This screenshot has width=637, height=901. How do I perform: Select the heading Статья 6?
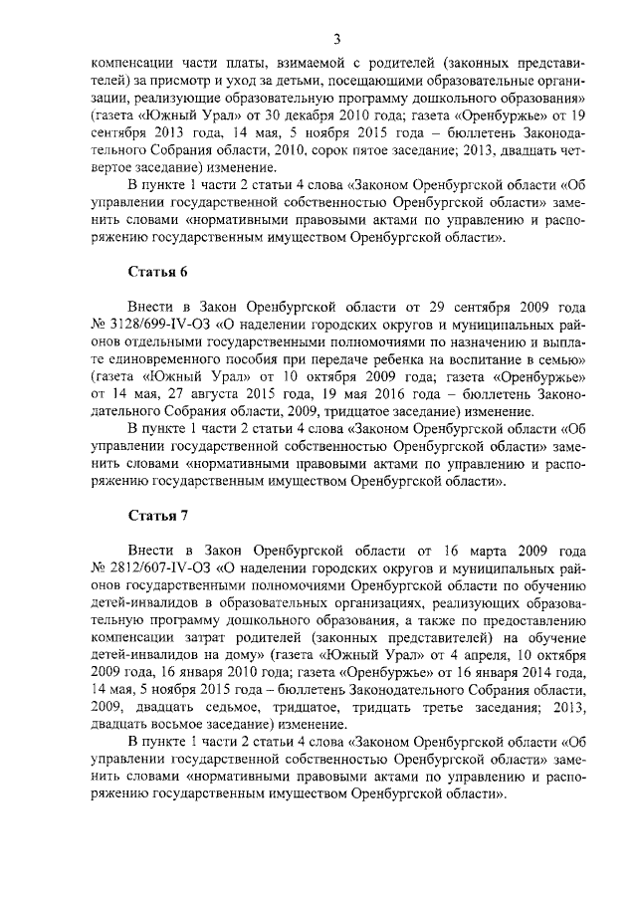[x=157, y=272]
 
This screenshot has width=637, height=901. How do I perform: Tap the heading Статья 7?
[x=157, y=516]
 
